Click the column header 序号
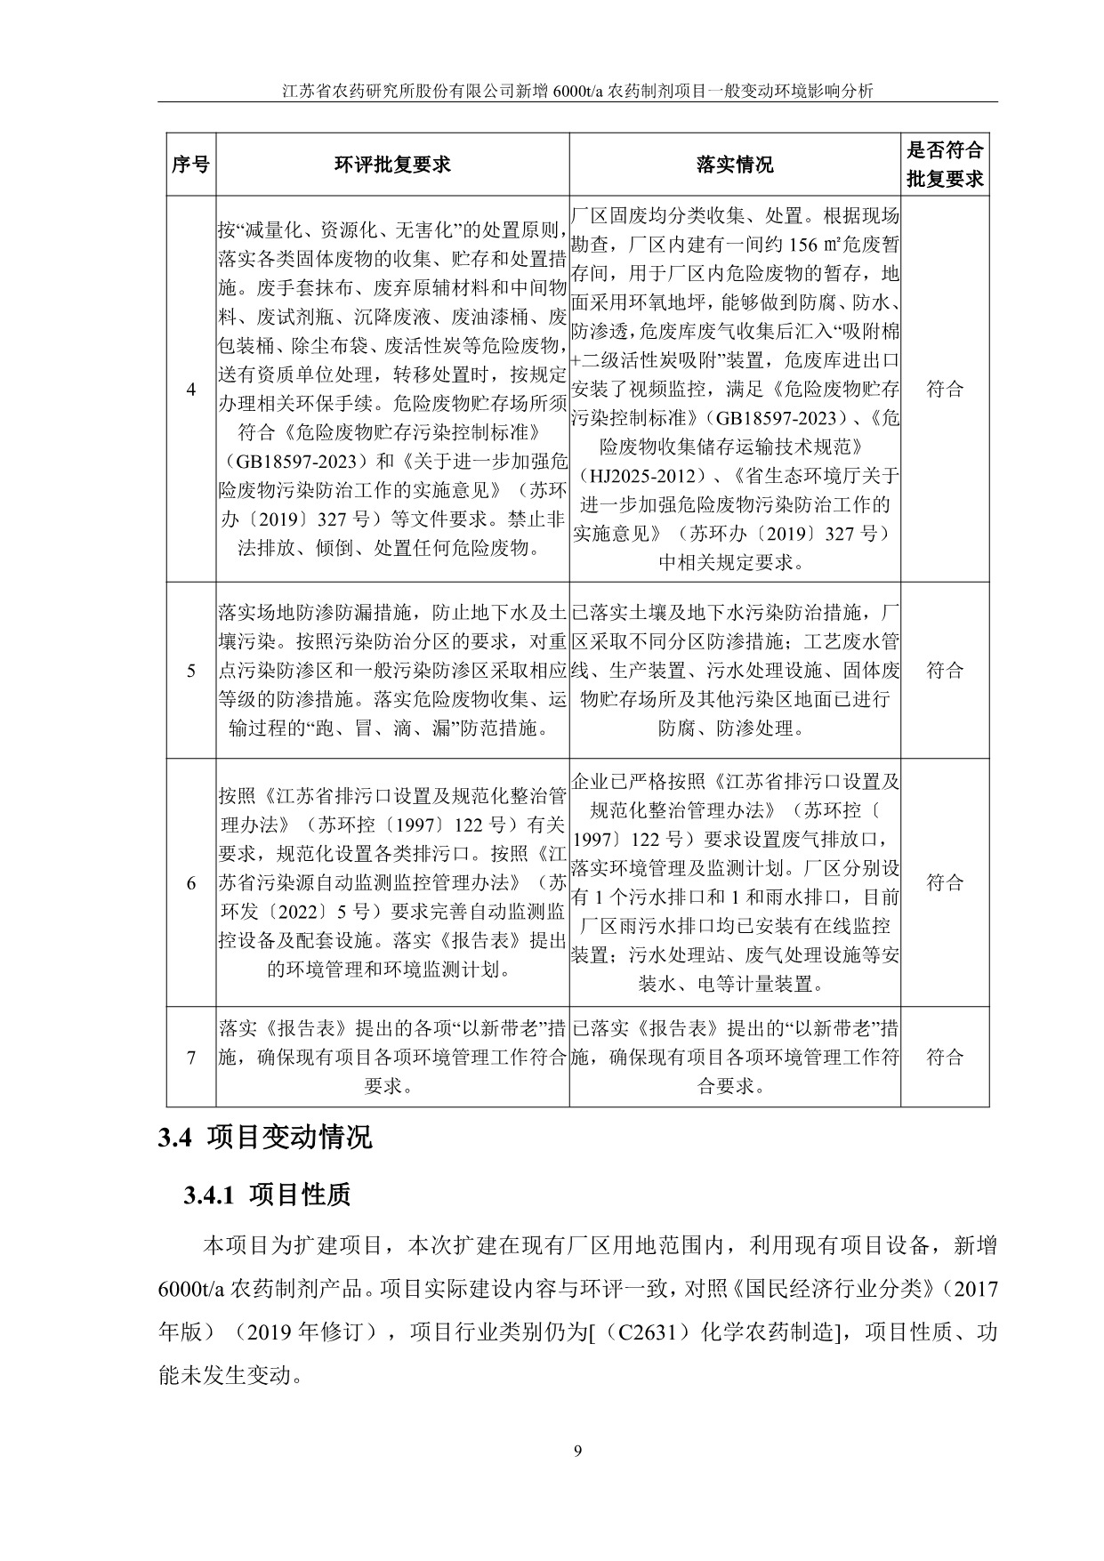point(190,165)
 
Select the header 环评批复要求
point(392,165)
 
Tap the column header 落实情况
point(735,165)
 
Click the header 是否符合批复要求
point(945,165)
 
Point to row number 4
point(190,389)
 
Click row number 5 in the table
point(190,671)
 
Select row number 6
point(190,882)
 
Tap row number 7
point(190,1057)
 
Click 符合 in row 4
point(945,389)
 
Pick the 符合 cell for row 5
point(945,671)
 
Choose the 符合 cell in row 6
point(945,882)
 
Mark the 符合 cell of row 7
point(945,1057)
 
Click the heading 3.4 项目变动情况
point(265,1138)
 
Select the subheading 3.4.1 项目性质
point(267,1195)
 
